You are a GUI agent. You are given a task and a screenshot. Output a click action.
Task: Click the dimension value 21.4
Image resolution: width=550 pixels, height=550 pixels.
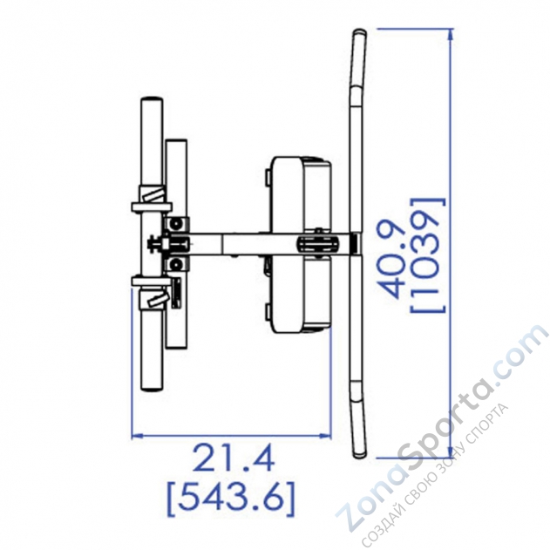click(x=233, y=459)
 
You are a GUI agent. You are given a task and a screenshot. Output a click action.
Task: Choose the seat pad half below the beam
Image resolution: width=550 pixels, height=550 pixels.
click(x=300, y=296)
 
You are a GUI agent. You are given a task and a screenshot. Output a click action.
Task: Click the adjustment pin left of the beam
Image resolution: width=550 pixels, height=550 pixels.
click(x=156, y=244)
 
